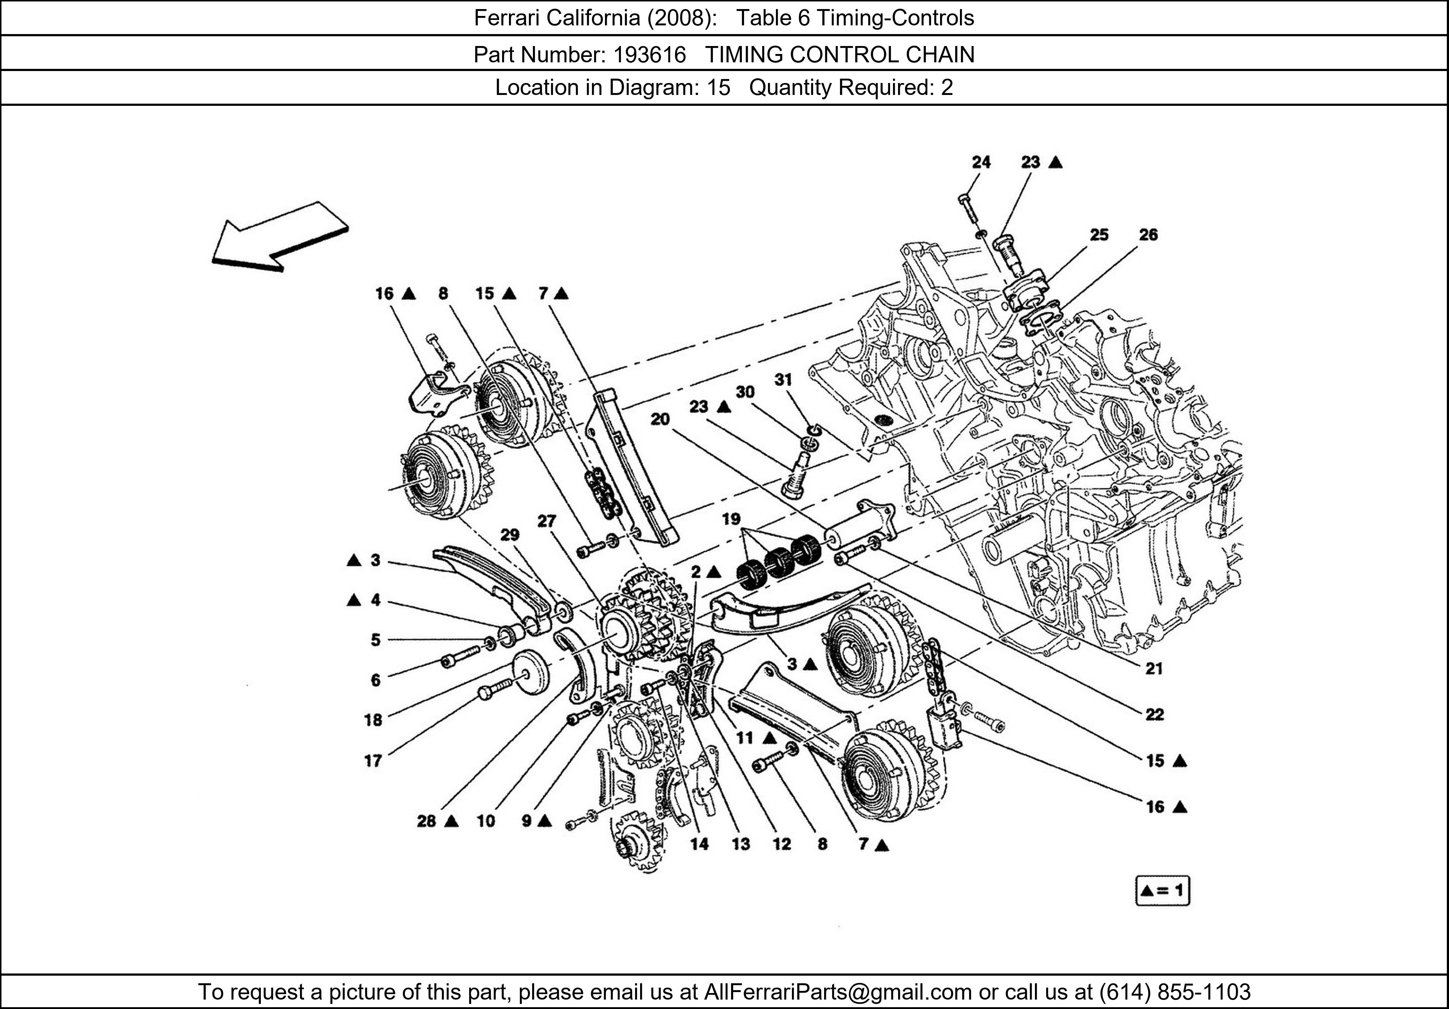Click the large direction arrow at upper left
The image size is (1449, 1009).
pyautogui.click(x=280, y=237)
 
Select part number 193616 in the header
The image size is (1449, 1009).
pyautogui.click(x=650, y=55)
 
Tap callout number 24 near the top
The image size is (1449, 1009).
pyautogui.click(x=981, y=162)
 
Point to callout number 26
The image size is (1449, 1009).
pyautogui.click(x=1148, y=235)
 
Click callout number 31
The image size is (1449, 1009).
pyautogui.click(x=783, y=379)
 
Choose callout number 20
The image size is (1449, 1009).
pyautogui.click(x=660, y=419)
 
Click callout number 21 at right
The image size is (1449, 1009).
pyautogui.click(x=1154, y=669)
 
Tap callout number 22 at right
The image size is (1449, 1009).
pyautogui.click(x=1154, y=715)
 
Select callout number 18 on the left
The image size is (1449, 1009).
pyautogui.click(x=373, y=720)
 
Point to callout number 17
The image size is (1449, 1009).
pyautogui.click(x=373, y=761)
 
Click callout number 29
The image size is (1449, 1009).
pyautogui.click(x=510, y=535)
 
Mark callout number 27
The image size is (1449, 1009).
pyautogui.click(x=547, y=521)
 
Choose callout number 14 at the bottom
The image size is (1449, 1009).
pyautogui.click(x=699, y=844)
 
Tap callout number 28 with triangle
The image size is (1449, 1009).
pyautogui.click(x=427, y=821)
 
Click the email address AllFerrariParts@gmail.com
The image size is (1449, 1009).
pyautogui.click(x=838, y=992)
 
